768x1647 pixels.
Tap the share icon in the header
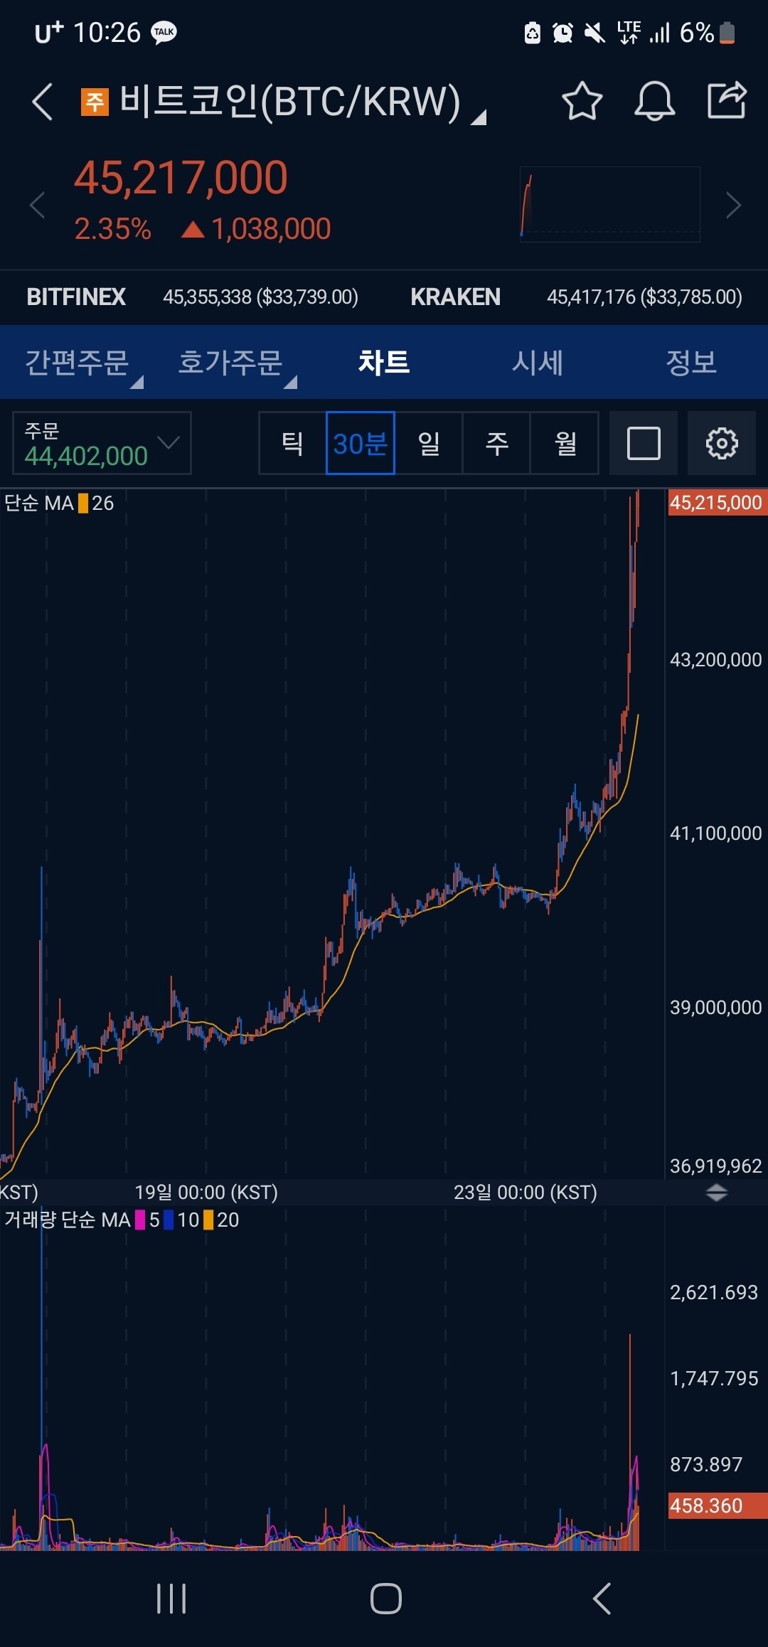coord(727,100)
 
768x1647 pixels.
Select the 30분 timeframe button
coord(360,443)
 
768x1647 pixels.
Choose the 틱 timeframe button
coord(292,443)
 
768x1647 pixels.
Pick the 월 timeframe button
coord(565,443)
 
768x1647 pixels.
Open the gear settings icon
coord(721,443)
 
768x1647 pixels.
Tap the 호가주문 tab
coord(230,363)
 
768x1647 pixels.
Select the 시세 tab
coord(538,363)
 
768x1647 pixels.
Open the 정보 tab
coord(690,363)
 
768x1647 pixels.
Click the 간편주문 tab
coord(77,363)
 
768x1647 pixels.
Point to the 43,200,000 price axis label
coord(715,660)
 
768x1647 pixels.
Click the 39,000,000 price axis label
coord(715,1008)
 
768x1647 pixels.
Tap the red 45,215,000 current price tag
coord(716,503)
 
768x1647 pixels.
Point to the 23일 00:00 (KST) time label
coord(526,1192)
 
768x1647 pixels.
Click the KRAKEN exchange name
coord(455,297)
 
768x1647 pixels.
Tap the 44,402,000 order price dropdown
coord(102,443)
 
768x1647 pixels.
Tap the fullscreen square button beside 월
coord(644,443)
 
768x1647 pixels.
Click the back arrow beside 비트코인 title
coord(43,101)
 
